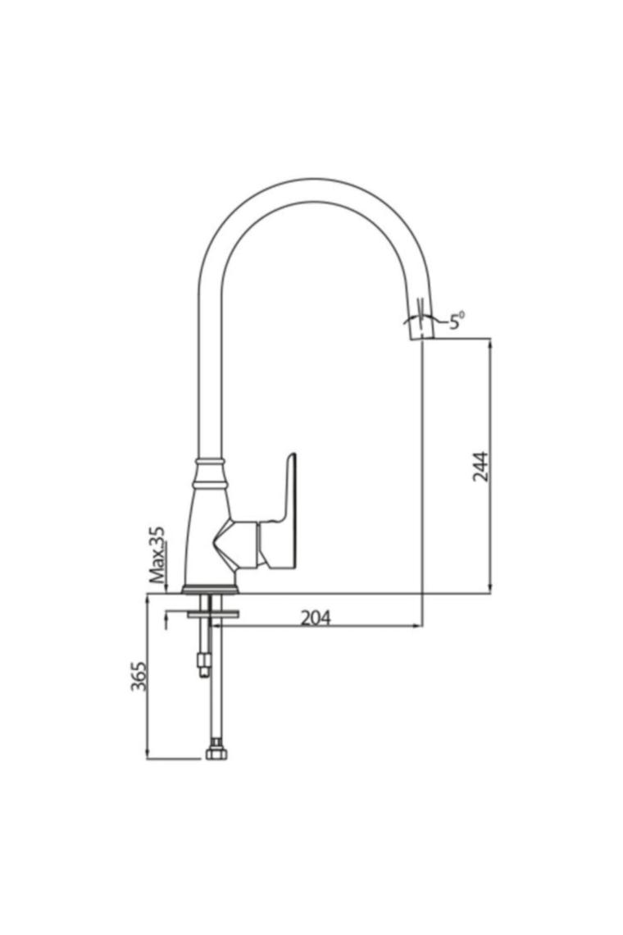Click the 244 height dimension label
pos(480,467)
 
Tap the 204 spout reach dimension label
pos(316,618)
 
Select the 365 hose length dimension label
pos(139,676)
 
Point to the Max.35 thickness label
pos(157,554)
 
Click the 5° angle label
pos(456,322)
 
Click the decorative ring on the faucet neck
pos(210,463)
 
